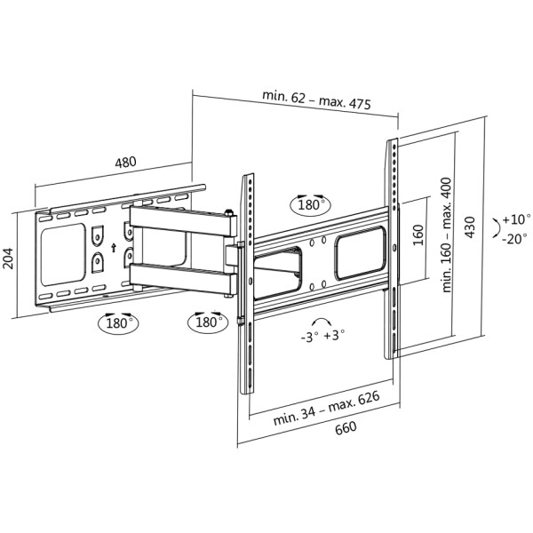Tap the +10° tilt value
pos(514,219)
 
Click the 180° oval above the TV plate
pos(310,204)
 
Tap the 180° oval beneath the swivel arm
pos(205,322)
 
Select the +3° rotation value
pos(335,337)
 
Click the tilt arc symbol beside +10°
pos(494,227)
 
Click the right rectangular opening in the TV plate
pos(361,250)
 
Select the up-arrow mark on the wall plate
pos(114,251)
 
